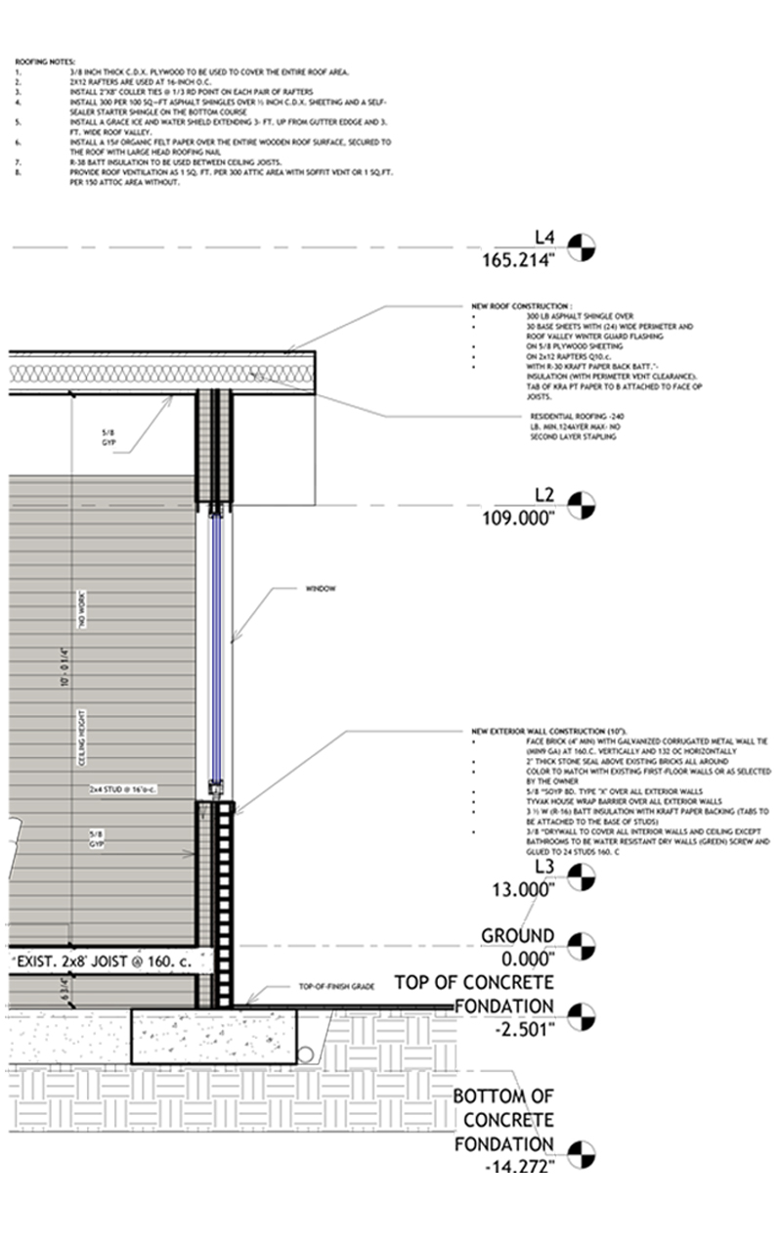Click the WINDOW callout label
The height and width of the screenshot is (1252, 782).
point(321,589)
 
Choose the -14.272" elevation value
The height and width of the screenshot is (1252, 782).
point(519,1167)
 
